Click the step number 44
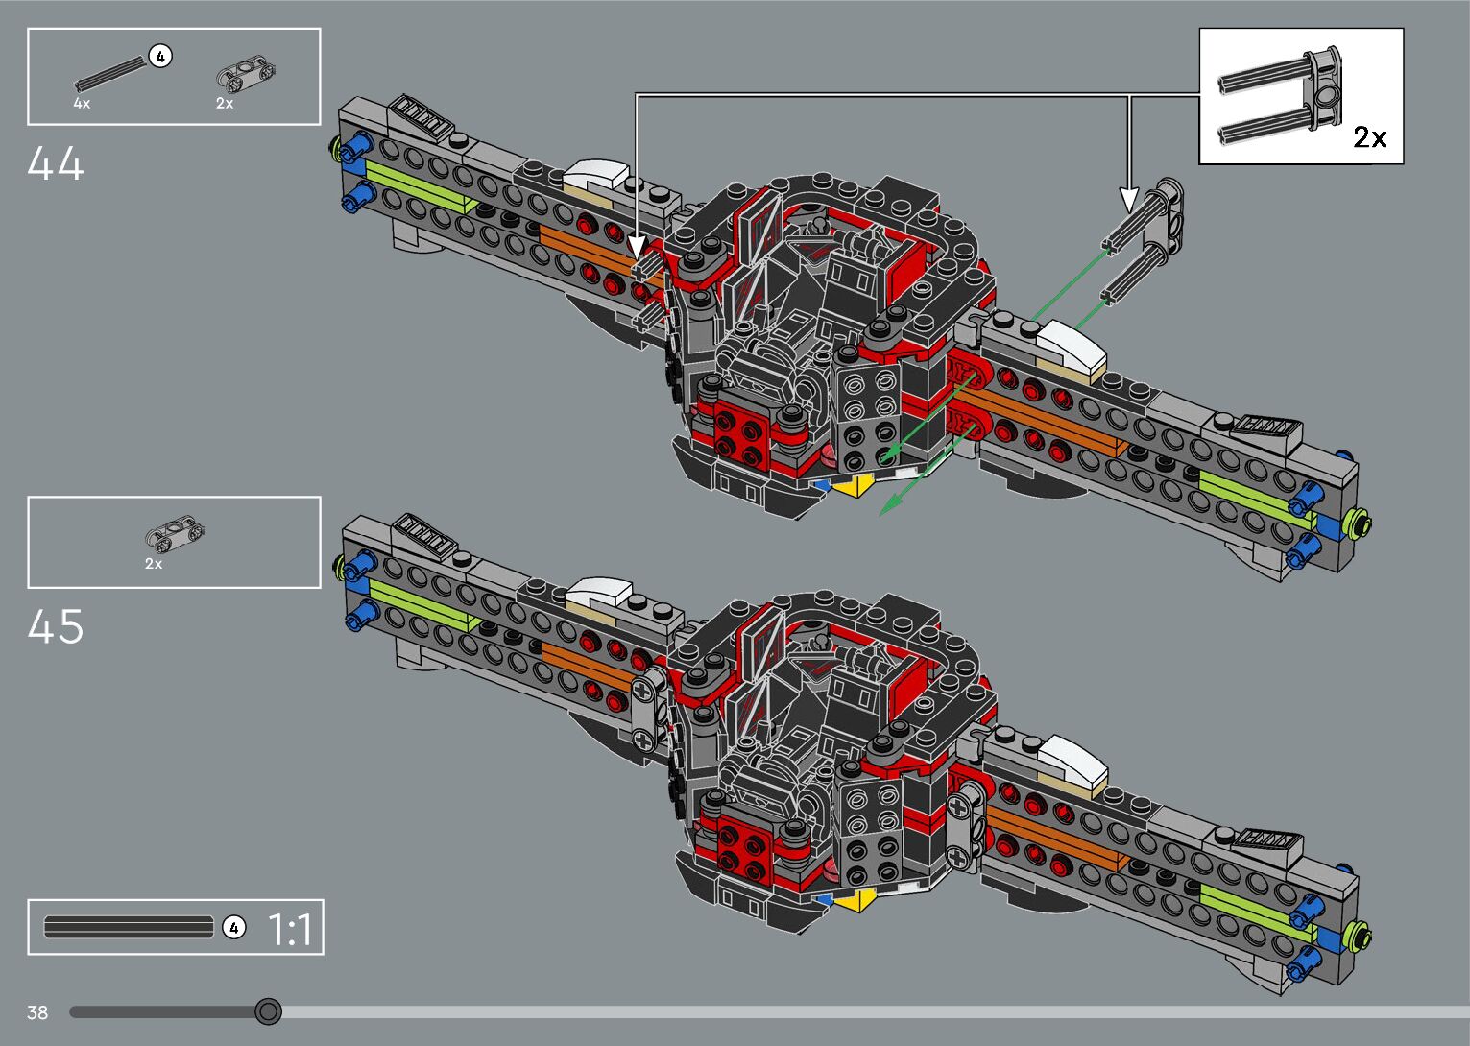(56, 163)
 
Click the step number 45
(56, 627)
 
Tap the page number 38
(37, 1012)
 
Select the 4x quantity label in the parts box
(82, 103)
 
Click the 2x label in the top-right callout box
(1369, 137)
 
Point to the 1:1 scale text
(289, 930)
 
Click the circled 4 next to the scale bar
(233, 928)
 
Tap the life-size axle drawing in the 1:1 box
(129, 928)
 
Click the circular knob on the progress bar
(269, 1011)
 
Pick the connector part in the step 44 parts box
(241, 73)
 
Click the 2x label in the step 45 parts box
(154, 564)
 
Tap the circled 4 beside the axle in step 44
(160, 57)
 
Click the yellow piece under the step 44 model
(850, 486)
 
